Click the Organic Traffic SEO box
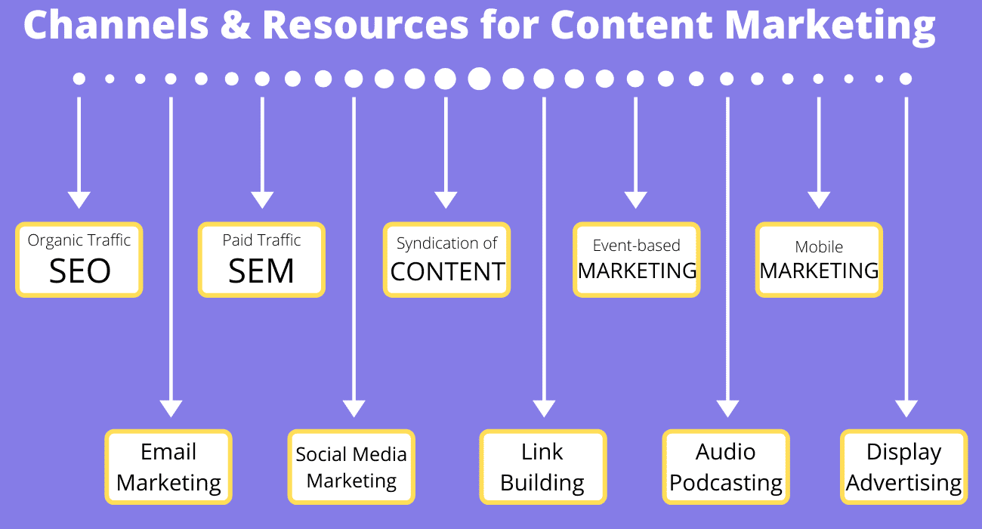point(79,259)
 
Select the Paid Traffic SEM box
point(261,259)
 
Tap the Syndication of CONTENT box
point(446,259)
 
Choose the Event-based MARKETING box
point(637,259)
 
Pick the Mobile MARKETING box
point(819,259)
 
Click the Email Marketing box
point(168,467)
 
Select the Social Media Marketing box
point(351,467)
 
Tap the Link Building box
point(542,467)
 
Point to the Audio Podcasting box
point(726,467)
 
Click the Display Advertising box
point(903,467)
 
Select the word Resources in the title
point(365,26)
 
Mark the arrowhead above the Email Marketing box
point(171,408)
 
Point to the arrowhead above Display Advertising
point(906,408)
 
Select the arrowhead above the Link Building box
point(544,408)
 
